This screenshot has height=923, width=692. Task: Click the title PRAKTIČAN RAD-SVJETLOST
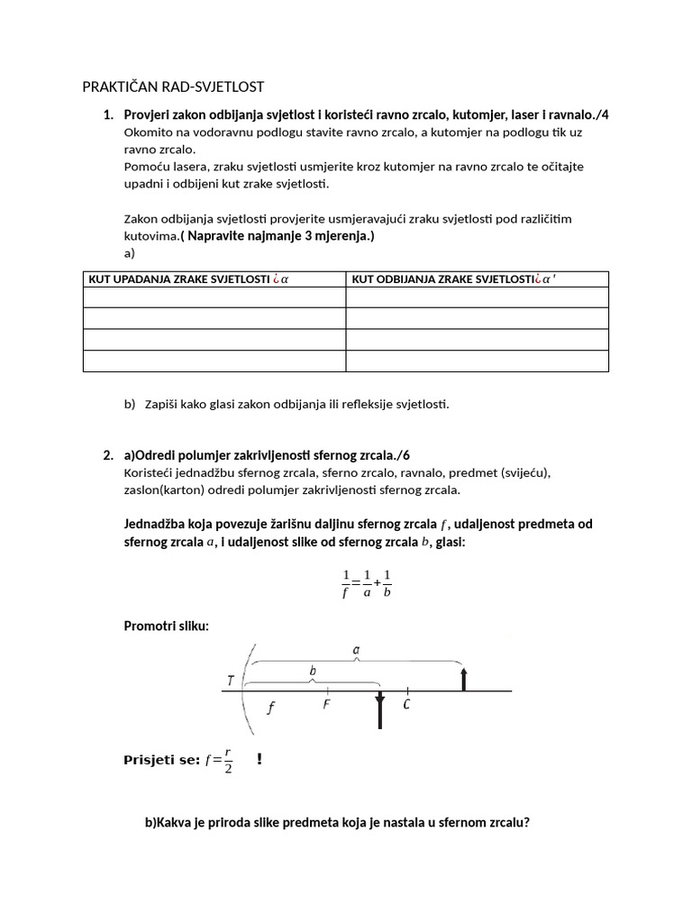[x=174, y=87]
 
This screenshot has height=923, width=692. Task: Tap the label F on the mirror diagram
[x=326, y=705]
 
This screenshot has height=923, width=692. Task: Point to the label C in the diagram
[x=407, y=705]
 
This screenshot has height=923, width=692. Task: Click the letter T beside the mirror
[x=232, y=682]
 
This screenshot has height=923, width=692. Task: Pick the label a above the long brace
[x=357, y=648]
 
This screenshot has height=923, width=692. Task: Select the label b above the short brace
[x=313, y=672]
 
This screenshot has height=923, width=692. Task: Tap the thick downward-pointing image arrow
[x=379, y=710]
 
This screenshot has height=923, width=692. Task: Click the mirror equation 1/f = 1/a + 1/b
[x=367, y=584]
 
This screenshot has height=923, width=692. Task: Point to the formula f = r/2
[x=219, y=760]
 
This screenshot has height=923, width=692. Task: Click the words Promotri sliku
[x=166, y=626]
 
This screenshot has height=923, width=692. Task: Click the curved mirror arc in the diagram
[x=244, y=691]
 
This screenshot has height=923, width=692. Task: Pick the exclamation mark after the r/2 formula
[x=259, y=760]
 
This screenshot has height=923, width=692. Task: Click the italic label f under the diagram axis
[x=269, y=708]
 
